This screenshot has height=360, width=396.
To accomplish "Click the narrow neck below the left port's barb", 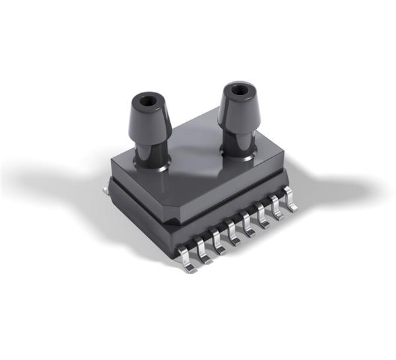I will click(151, 145).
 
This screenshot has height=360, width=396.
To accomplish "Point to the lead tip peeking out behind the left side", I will click(106, 189).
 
